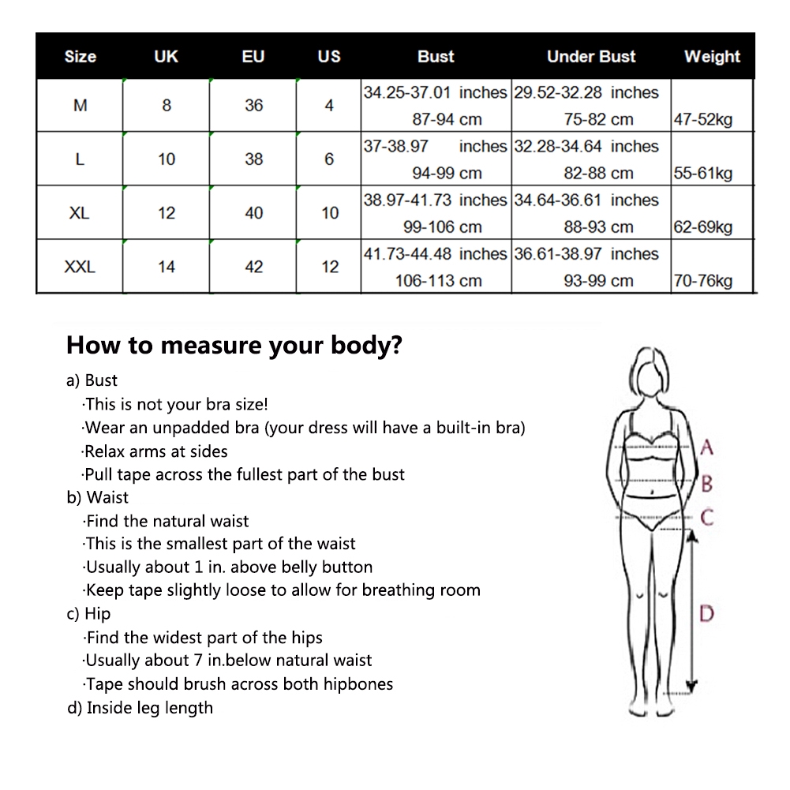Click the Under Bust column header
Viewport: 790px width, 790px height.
pos(591,57)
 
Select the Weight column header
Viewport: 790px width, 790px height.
pos(712,57)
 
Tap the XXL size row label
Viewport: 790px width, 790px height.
pos(80,267)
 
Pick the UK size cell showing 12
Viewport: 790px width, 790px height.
pos(167,213)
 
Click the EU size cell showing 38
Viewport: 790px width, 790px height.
pos(254,159)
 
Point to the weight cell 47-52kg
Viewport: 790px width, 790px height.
pos(703,120)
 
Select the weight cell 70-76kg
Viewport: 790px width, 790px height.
pos(703,281)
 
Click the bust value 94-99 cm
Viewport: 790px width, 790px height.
pos(447,174)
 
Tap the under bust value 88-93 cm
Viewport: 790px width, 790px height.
pos(598,227)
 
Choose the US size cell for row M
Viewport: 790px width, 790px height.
pos(329,105)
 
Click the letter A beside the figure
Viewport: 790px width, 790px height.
pos(706,447)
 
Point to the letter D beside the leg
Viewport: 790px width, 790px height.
pos(706,614)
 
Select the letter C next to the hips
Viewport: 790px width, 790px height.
pos(707,518)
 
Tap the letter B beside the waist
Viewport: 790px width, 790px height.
pos(707,484)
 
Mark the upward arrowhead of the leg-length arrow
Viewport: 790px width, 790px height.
pos(692,537)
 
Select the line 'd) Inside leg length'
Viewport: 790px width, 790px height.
pos(140,708)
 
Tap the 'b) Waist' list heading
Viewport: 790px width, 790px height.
pos(97,498)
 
